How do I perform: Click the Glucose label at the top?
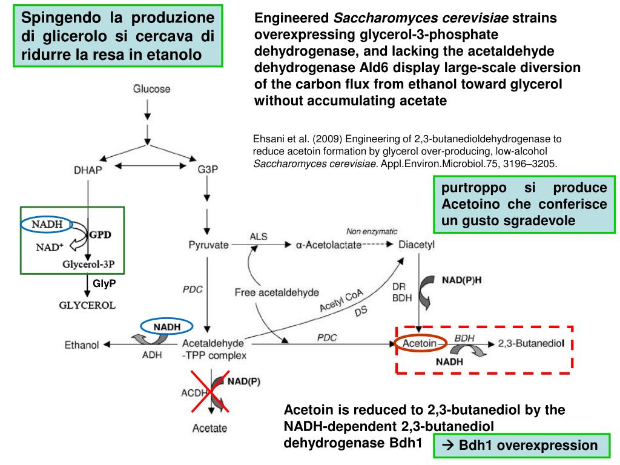pyautogui.click(x=151, y=89)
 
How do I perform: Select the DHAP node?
pyautogui.click(x=88, y=170)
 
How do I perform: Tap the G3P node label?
pyautogui.click(x=208, y=170)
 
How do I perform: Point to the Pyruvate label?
pyautogui.click(x=208, y=245)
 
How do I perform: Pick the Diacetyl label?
pyautogui.click(x=417, y=245)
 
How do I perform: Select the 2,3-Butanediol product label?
pyautogui.click(x=531, y=343)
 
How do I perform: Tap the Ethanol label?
pyautogui.click(x=82, y=345)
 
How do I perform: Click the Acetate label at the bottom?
pyautogui.click(x=209, y=429)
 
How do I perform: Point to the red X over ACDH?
pyautogui.click(x=211, y=391)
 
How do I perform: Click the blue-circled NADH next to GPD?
pyautogui.click(x=47, y=225)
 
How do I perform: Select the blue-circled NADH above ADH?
pyautogui.click(x=167, y=327)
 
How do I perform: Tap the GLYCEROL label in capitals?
pyautogui.click(x=87, y=305)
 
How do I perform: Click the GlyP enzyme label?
pyautogui.click(x=104, y=283)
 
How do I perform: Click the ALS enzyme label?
pyautogui.click(x=259, y=236)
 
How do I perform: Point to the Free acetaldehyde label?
pyautogui.click(x=277, y=292)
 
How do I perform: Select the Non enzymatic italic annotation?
pyautogui.click(x=372, y=231)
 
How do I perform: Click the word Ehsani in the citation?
pyautogui.click(x=266, y=137)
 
